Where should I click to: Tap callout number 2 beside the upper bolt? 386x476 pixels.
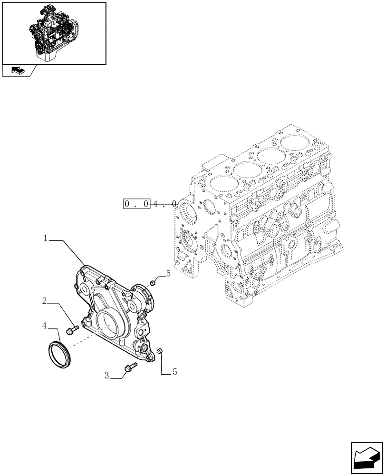(x=44, y=301)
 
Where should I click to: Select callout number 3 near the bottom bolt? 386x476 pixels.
(x=107, y=376)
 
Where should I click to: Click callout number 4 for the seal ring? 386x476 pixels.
(x=44, y=326)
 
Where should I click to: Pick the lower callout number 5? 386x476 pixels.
(x=174, y=372)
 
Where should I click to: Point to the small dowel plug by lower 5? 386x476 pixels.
(x=160, y=351)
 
